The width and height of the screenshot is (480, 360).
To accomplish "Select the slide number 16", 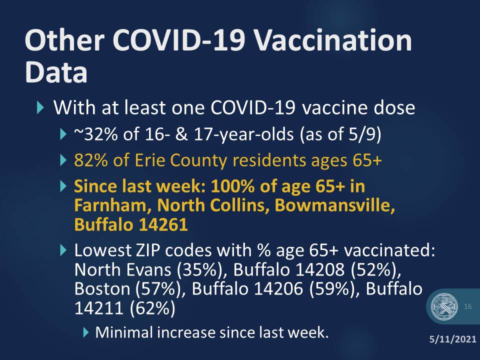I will point(468,306).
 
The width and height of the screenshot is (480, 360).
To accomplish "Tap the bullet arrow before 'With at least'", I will point(40,108).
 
